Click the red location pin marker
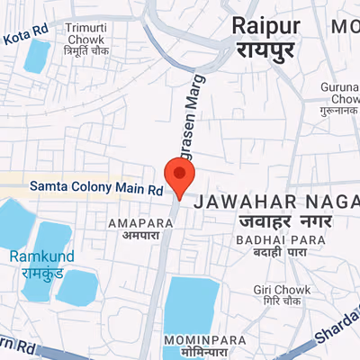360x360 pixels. (x=178, y=175)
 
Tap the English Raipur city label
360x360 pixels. (x=266, y=24)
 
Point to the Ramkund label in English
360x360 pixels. (x=36, y=256)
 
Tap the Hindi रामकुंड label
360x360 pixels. (x=36, y=272)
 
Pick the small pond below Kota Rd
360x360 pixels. (x=38, y=56)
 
